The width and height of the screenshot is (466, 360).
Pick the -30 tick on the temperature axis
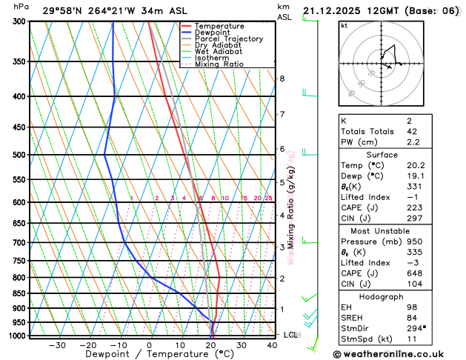click(x=56, y=345)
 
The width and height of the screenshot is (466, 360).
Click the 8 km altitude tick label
click(x=282, y=79)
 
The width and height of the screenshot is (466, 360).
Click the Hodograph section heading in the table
click(x=382, y=296)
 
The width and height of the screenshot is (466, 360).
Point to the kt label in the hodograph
click(x=344, y=25)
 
